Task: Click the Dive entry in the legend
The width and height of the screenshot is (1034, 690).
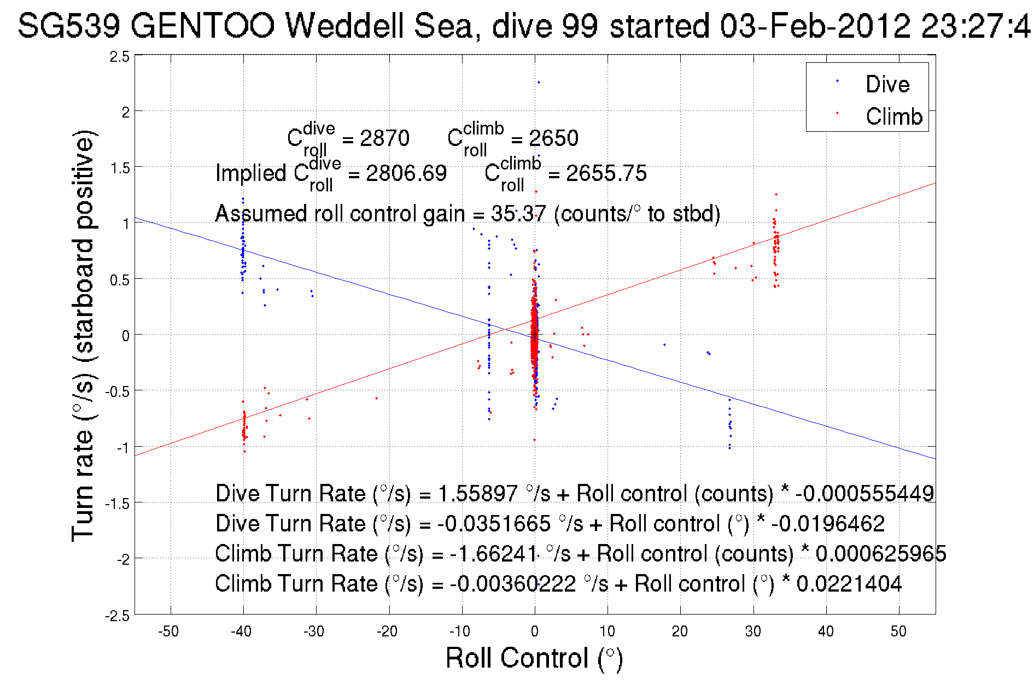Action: [887, 84]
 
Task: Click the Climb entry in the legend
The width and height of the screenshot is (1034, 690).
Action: [893, 116]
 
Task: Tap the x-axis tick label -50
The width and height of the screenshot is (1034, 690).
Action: [168, 631]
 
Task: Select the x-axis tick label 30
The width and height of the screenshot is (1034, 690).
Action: [753, 631]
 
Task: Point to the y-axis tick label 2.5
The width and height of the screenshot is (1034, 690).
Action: [120, 57]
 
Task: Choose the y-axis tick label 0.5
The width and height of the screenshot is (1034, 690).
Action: [120, 280]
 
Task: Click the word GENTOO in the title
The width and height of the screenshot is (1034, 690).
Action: [202, 26]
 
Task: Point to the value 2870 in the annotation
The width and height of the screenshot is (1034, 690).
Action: [384, 138]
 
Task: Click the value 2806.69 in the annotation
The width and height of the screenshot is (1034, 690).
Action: [406, 173]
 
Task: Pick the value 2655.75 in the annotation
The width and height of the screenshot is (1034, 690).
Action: [606, 173]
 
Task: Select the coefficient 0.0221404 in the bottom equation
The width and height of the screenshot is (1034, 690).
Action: [849, 583]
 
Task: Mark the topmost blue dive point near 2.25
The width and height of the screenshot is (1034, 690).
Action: [539, 83]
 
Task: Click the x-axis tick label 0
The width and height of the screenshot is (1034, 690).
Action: [535, 631]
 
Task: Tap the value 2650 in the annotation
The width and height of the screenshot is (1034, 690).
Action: [553, 138]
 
